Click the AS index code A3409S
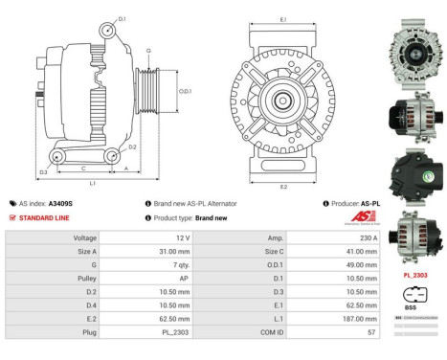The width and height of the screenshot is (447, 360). pos(60,204)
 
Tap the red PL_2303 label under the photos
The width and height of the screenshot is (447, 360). pos(415,275)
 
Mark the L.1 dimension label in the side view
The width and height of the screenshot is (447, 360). pos(92,182)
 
